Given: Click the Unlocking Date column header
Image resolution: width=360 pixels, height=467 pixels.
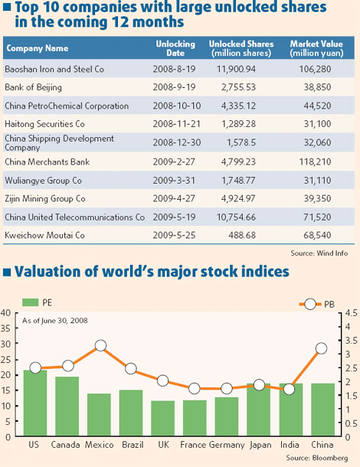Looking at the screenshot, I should [175, 49].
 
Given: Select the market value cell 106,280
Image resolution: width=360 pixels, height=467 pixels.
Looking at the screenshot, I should [316, 70].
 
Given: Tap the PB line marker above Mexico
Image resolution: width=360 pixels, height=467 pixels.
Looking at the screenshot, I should [99, 347].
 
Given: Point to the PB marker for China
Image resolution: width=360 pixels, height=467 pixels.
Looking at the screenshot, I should [322, 348].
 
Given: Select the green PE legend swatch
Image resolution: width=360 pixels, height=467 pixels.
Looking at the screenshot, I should [31, 303].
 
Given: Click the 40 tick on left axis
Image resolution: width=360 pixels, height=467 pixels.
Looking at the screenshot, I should [6, 313].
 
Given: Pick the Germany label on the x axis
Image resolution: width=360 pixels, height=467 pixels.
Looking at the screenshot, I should [226, 445].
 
